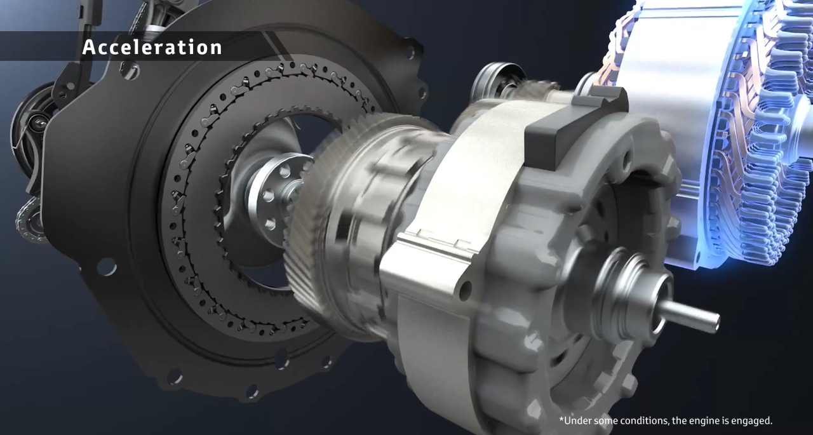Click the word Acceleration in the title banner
click(x=152, y=48)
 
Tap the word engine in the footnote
click(x=702, y=421)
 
